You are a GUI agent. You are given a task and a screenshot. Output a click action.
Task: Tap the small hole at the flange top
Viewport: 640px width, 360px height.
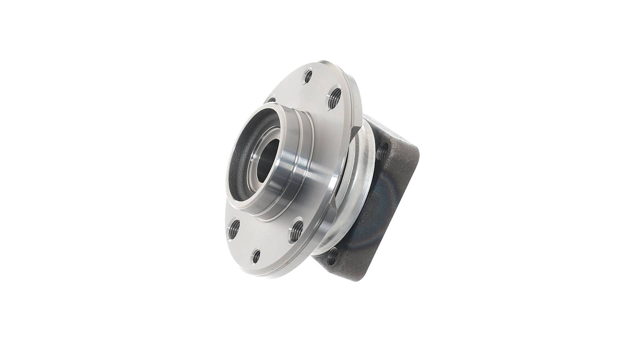click(309, 77)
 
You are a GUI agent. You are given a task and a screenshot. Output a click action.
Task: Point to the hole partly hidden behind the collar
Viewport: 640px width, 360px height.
click(271, 99)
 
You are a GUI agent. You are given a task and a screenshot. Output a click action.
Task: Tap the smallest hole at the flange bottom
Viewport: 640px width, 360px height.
click(256, 256)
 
